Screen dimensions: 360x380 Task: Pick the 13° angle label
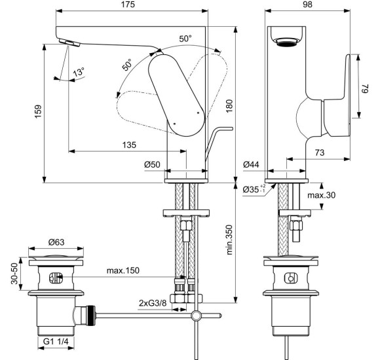(x=79, y=73)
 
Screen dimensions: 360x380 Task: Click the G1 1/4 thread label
(x=57, y=340)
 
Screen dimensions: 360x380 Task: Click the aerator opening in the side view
(x=287, y=42)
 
